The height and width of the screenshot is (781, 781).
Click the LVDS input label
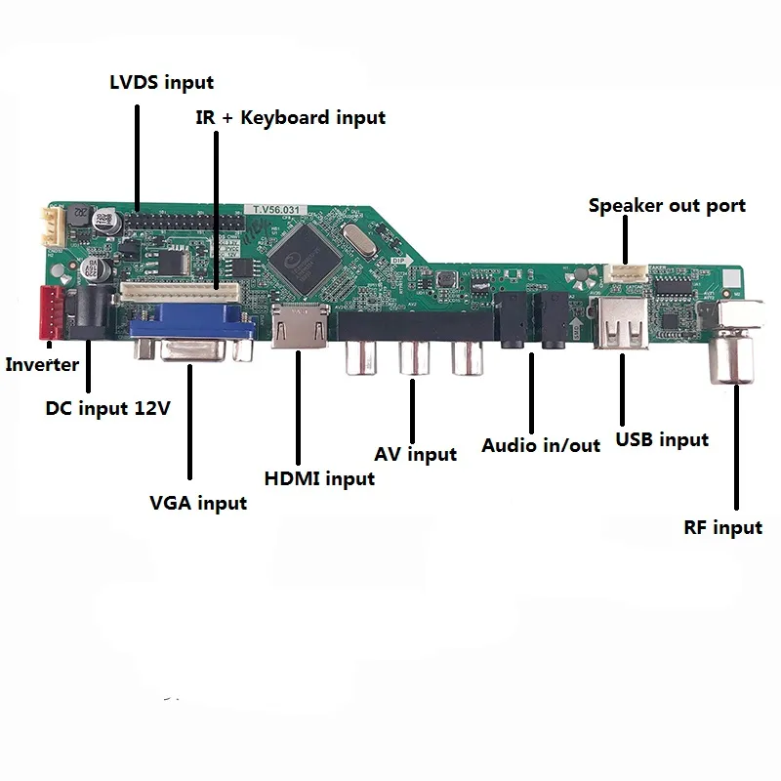pos(161,82)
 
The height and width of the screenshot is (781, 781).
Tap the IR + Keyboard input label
pos(288,118)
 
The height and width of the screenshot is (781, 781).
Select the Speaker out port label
pos(667,206)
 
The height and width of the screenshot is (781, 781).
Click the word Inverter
pos(42,365)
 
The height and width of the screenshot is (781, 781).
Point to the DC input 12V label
pos(108,407)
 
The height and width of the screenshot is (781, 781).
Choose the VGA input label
pos(198,503)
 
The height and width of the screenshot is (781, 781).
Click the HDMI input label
pos(319,478)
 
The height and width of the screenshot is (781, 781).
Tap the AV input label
pos(415,454)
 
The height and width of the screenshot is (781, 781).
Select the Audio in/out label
pos(541,445)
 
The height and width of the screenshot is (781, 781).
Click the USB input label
pos(662,439)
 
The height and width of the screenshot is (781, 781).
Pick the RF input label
pos(722,527)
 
